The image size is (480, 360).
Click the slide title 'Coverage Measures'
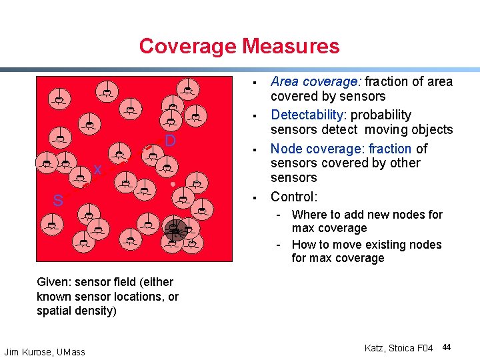point(239,46)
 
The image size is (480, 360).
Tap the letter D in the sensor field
point(170,141)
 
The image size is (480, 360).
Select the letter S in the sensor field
point(59,201)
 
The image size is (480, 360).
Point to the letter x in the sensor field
point(97,170)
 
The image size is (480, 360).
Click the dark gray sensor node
point(175,230)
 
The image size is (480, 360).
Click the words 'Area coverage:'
point(305,82)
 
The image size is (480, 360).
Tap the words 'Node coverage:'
point(309,149)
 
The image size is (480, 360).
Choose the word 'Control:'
point(294,197)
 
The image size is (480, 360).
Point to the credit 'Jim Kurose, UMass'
point(45,351)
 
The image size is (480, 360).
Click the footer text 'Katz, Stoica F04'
point(399,348)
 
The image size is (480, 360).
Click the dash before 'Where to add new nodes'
point(281,215)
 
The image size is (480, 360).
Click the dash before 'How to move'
point(281,245)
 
